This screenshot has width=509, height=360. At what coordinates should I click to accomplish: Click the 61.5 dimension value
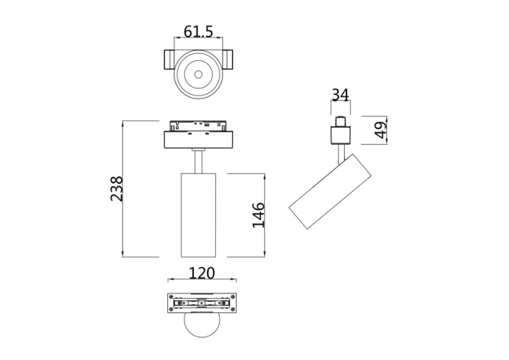coord(198,32)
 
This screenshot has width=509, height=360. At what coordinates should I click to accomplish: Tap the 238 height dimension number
coord(116,189)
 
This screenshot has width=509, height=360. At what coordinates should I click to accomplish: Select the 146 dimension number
coord(258,214)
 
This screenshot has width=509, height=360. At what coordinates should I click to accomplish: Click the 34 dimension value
coord(339,95)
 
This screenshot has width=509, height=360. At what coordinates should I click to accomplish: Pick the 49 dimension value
coord(379,130)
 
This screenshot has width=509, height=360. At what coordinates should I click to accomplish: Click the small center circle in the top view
coord(198,76)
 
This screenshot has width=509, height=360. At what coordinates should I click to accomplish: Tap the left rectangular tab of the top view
coord(170,60)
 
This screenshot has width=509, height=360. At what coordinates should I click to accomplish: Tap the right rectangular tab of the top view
coord(227,60)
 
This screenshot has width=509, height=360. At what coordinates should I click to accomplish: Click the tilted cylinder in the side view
coord(322,192)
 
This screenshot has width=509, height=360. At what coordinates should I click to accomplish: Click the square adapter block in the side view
coord(339,136)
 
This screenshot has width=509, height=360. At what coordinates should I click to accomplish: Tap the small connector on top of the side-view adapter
coord(340,122)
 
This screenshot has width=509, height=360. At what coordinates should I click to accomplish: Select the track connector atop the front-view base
coord(198,126)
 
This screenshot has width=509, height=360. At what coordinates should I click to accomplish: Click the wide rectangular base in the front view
coord(199,140)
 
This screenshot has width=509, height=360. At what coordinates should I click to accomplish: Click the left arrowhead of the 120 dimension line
coord(170,280)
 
